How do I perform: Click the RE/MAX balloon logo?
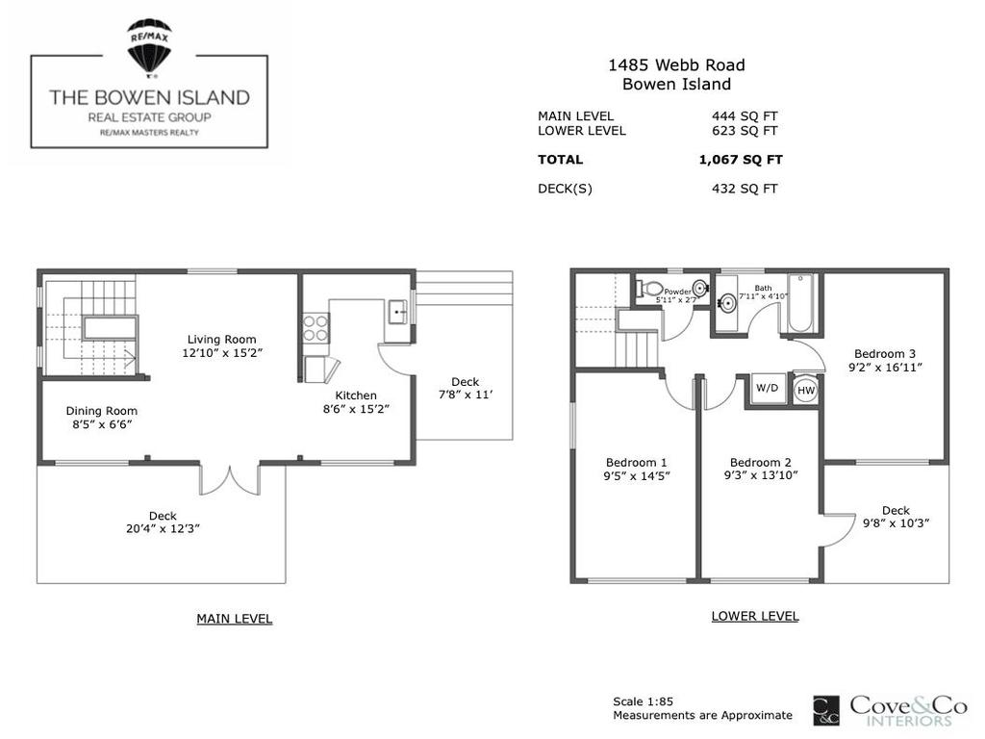point(149,46)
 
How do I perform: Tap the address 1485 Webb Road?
point(675,65)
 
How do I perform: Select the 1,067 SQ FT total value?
point(738,160)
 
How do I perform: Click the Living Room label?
point(221,339)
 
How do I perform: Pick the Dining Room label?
point(101,411)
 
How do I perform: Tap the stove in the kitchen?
point(316,330)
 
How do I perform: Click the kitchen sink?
point(396,312)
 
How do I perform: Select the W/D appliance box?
point(768,390)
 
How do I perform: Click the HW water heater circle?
point(805,391)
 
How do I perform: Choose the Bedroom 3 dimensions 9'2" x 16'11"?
point(885,368)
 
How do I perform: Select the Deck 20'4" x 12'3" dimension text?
point(162,528)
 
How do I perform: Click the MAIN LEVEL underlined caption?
point(234,619)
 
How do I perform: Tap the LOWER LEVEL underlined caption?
point(754,616)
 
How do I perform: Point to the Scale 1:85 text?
point(648,701)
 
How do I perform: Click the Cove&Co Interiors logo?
point(890,711)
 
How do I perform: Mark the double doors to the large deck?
point(229,479)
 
